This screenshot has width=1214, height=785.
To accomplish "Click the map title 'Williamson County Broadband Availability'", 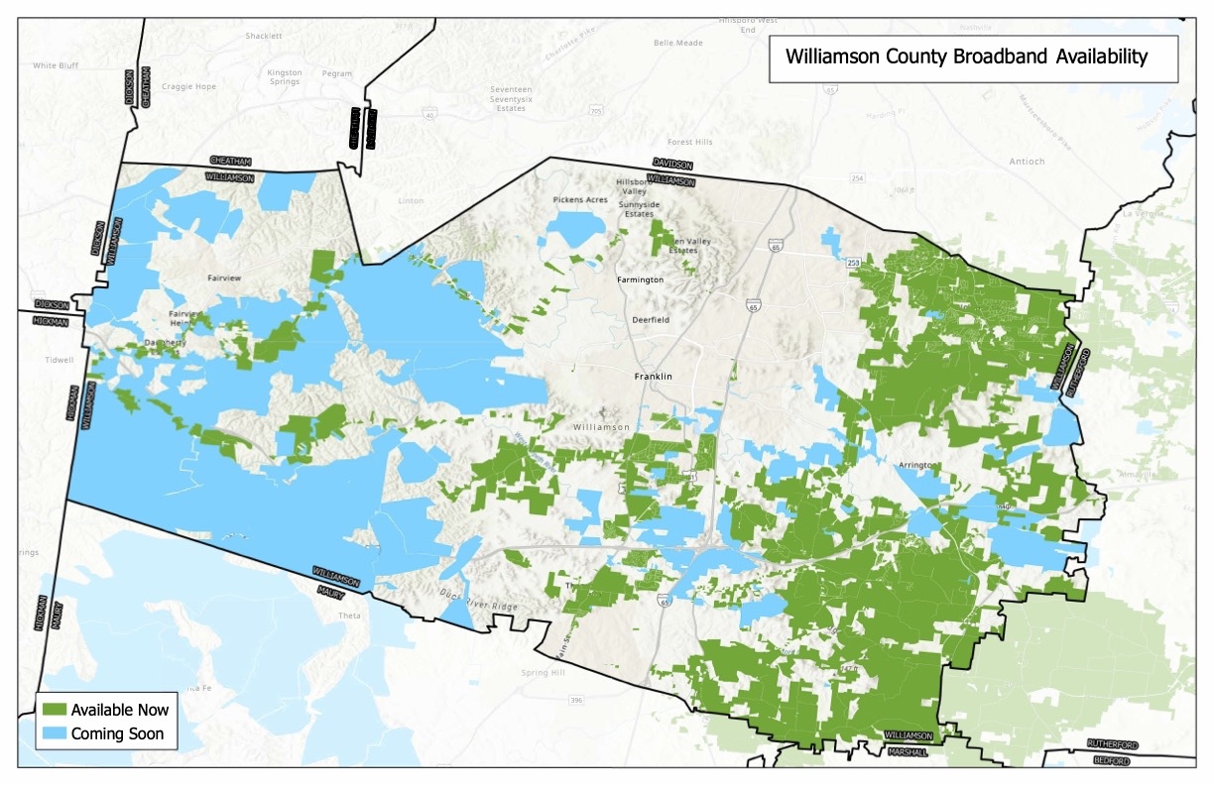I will [x=966, y=57].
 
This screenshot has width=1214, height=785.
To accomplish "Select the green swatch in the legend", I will [x=54, y=710].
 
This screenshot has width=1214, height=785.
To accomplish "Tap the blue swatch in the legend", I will [x=54, y=734].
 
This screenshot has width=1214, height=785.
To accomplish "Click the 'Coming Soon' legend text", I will [x=117, y=734].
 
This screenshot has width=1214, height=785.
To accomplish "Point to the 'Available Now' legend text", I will [x=120, y=710].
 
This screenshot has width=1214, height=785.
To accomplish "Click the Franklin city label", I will [x=654, y=377].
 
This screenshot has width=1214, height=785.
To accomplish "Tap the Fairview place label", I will [x=224, y=279].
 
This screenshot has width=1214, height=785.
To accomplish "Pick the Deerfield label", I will [x=651, y=320].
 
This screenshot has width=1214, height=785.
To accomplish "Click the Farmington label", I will [x=640, y=280].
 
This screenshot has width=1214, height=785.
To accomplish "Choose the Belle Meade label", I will [x=677, y=43].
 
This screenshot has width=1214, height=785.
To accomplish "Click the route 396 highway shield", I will [x=576, y=701].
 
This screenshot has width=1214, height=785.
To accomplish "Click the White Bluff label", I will [x=56, y=66].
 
